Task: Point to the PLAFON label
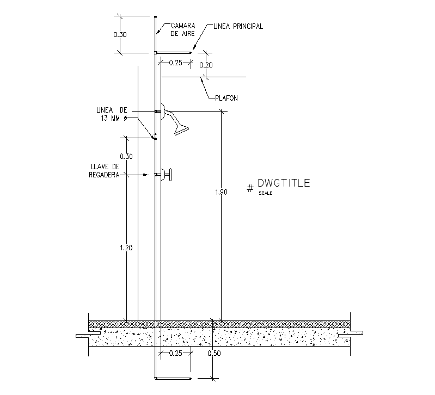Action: click(225, 98)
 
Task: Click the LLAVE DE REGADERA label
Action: click(105, 170)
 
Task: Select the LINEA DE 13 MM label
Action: click(111, 114)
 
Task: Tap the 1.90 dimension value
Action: click(221, 192)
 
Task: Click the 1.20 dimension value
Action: click(126, 248)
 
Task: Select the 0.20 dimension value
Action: click(206, 65)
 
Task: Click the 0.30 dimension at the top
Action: click(120, 34)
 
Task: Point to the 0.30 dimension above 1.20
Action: click(126, 157)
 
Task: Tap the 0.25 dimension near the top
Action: click(175, 63)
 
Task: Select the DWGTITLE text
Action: click(284, 183)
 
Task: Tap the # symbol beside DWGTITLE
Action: click(250, 188)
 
